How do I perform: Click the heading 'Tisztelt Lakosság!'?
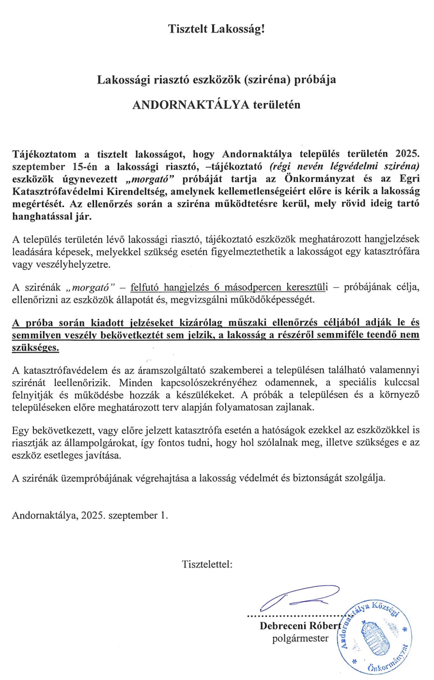tap(217, 29)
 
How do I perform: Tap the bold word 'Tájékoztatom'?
tap(44, 155)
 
